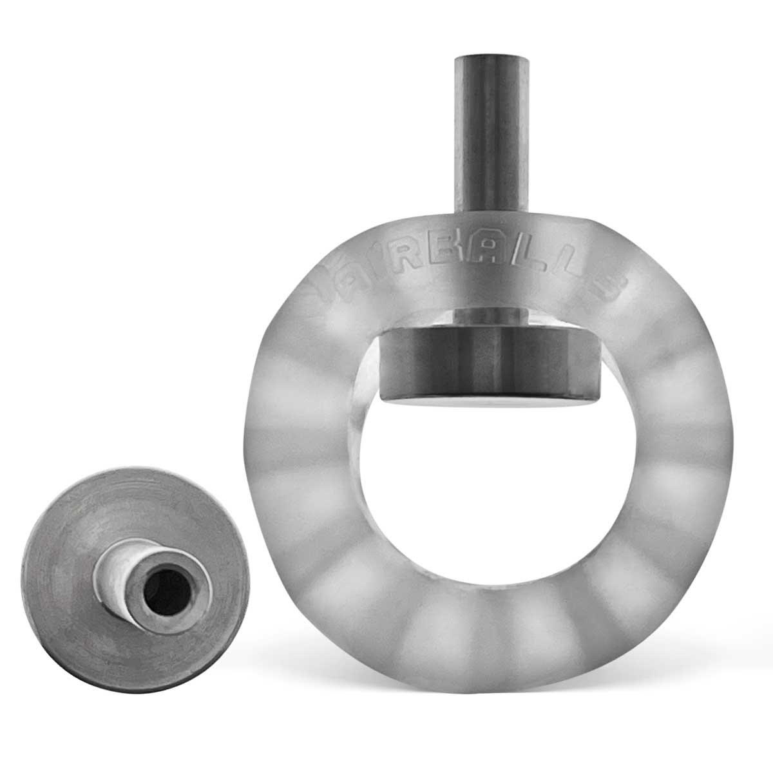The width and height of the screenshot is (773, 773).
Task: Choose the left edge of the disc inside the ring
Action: coord(384,367)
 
